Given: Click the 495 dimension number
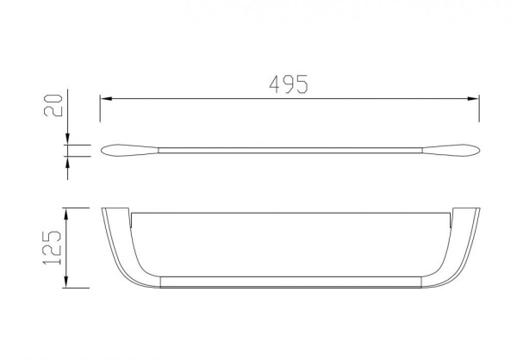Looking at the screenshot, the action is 289,84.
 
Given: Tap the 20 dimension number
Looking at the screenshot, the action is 53,105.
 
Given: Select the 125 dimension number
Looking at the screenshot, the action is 52,247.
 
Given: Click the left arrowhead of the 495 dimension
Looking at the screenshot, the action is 106,98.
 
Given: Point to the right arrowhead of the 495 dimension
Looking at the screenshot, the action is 473,98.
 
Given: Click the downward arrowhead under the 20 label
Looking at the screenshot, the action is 67,139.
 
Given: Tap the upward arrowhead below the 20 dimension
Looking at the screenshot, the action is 67,162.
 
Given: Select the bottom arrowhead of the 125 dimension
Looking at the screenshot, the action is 66,282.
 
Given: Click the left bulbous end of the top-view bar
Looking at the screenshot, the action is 129,151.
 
